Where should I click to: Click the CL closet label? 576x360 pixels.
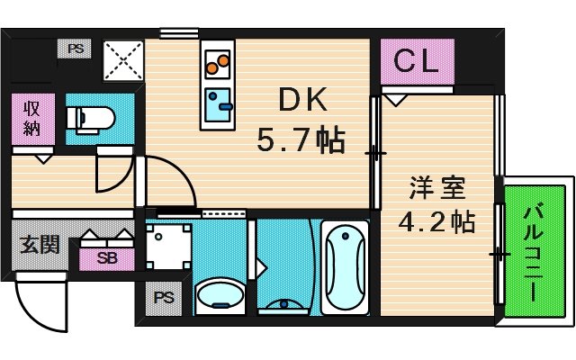pos(415,62)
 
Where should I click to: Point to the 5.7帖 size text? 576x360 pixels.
pos(300,139)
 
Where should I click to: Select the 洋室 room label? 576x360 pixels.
pos(436,190)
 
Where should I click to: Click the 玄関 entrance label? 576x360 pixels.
pos(40,245)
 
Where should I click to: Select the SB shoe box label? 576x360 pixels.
pos(107,258)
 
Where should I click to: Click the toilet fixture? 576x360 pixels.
pos(90,118)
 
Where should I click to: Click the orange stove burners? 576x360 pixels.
pos(218,64)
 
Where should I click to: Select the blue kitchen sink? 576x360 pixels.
pos(219,104)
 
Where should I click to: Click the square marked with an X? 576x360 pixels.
pos(122,61)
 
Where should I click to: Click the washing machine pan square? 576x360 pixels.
pos(167,245)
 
